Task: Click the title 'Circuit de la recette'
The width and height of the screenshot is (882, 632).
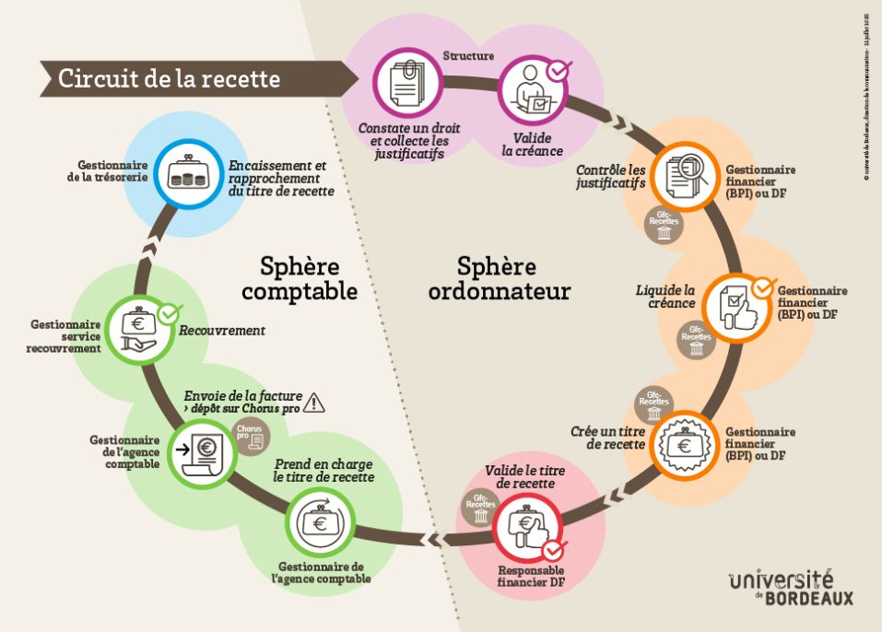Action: pos(169,79)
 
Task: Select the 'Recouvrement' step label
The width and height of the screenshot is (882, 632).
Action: pos(222,331)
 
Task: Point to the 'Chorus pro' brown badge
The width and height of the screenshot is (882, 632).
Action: pos(249,434)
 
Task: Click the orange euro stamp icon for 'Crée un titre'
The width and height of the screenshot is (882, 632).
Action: pos(684,443)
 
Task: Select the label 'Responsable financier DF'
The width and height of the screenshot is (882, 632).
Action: pos(530,577)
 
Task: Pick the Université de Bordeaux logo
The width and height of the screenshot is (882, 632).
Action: pos(790,588)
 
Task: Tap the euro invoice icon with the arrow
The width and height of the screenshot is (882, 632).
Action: pos(199,449)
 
